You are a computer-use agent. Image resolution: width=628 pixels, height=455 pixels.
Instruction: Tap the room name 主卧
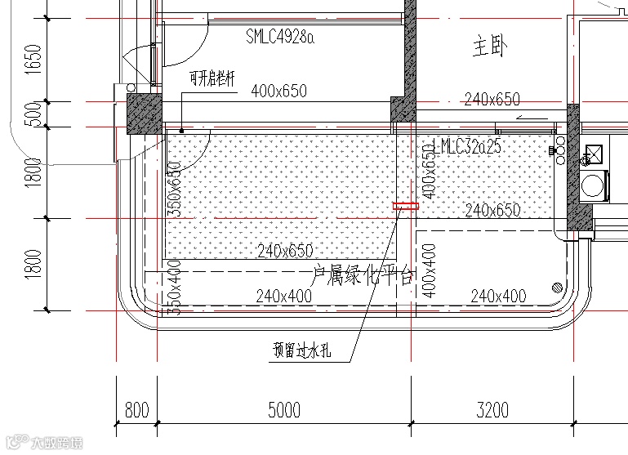coord(489,47)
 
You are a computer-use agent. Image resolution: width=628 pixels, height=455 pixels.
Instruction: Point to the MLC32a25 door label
coord(471,147)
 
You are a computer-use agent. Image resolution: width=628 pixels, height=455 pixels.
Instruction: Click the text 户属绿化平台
coord(364,274)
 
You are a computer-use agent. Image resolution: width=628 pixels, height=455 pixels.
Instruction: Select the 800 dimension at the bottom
coord(136,409)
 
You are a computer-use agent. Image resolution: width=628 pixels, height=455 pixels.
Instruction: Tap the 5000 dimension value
coord(284,409)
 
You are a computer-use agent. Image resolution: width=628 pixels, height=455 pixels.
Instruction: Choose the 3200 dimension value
coord(492,409)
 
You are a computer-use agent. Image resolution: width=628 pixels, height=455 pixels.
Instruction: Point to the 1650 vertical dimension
coord(33,59)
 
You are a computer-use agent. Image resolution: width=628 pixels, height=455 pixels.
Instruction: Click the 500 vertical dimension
coord(33,114)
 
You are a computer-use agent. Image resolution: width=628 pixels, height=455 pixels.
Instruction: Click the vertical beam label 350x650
coord(174,189)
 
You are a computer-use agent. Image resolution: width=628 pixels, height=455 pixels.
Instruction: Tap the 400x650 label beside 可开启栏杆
coord(279,91)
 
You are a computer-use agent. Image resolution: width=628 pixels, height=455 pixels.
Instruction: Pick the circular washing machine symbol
coord(593,184)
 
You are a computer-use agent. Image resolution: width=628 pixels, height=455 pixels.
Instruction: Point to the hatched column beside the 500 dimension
coord(144,113)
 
